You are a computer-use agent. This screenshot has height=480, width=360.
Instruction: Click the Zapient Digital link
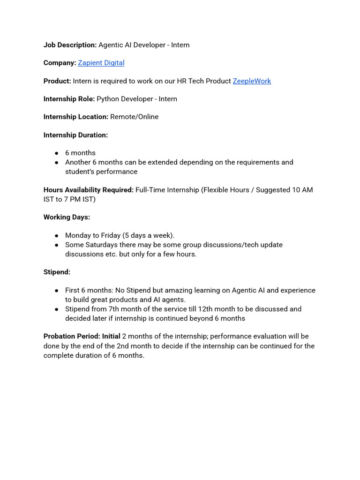[x=101, y=63]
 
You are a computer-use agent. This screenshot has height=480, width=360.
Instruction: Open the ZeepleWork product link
[x=252, y=81]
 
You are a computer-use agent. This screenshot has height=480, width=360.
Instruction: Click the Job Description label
[x=70, y=45]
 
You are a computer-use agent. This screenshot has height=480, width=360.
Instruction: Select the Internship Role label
[x=69, y=99]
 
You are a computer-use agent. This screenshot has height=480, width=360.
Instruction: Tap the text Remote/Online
[x=134, y=117]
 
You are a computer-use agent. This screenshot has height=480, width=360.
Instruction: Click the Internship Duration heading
[x=75, y=135]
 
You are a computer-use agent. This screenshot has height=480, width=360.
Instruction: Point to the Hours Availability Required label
[x=88, y=190]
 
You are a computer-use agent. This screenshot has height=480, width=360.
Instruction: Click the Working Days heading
[x=67, y=217]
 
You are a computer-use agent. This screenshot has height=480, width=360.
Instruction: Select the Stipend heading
[x=57, y=272]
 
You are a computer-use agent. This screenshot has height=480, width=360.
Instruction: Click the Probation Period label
[x=72, y=337]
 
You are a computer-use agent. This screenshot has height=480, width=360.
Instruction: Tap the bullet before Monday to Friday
[x=56, y=236]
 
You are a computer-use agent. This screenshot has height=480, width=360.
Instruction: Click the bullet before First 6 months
[x=56, y=291]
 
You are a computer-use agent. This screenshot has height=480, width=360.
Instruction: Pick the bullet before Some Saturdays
[x=56, y=245]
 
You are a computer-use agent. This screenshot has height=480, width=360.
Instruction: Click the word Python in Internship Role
[x=108, y=99]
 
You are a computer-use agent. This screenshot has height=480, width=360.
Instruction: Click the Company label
[x=60, y=63]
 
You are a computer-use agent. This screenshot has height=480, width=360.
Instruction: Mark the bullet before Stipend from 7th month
[x=56, y=309]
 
